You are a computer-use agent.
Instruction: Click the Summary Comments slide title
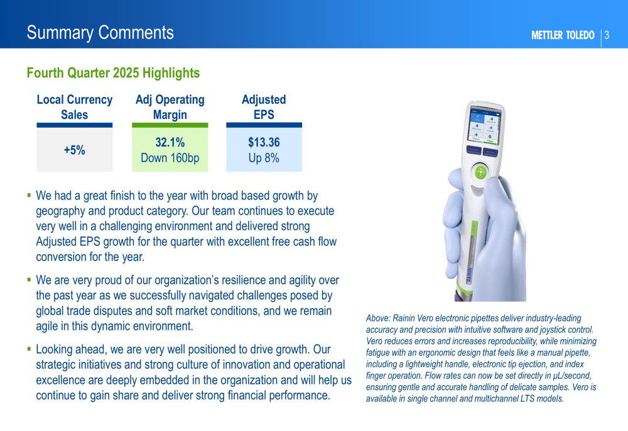(100, 33)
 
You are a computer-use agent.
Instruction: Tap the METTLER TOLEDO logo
(563, 35)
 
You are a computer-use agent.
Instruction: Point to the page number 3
(607, 35)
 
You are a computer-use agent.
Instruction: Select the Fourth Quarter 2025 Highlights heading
(113, 73)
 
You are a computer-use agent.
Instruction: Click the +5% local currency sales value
(75, 150)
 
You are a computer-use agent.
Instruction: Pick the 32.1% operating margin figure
(170, 142)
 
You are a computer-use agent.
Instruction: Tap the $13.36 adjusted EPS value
(264, 142)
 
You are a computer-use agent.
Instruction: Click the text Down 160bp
(170, 158)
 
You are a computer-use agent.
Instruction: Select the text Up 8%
(264, 158)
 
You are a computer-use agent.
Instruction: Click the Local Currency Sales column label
(75, 107)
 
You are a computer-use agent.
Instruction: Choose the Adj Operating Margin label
(170, 107)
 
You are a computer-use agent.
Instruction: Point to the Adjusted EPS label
(264, 107)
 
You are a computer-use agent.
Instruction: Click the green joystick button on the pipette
(480, 172)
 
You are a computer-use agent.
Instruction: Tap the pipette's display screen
(484, 126)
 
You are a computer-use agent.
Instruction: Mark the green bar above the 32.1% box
(170, 125)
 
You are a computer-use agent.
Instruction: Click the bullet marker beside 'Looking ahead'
(29, 349)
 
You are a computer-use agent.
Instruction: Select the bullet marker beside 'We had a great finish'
(29, 196)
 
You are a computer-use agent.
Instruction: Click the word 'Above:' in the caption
(377, 318)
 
